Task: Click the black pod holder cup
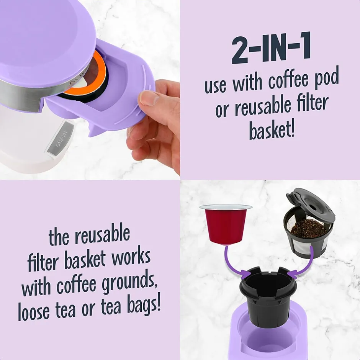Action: pyautogui.click(x=268, y=296)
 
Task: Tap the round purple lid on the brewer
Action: pyautogui.click(x=46, y=39)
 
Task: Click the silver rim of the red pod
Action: pyautogui.click(x=226, y=207)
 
